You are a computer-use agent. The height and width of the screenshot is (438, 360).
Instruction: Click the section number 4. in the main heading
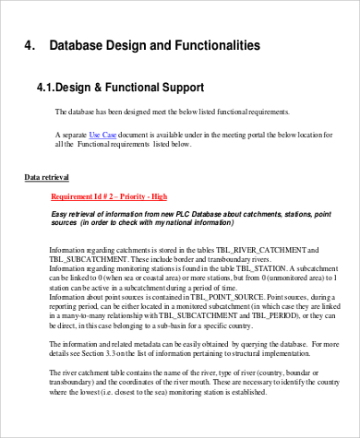30,45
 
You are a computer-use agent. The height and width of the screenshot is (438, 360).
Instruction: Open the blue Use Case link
102,135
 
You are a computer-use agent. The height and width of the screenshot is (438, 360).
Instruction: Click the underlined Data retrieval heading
46,176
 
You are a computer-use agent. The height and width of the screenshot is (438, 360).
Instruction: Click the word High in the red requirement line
159,195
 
